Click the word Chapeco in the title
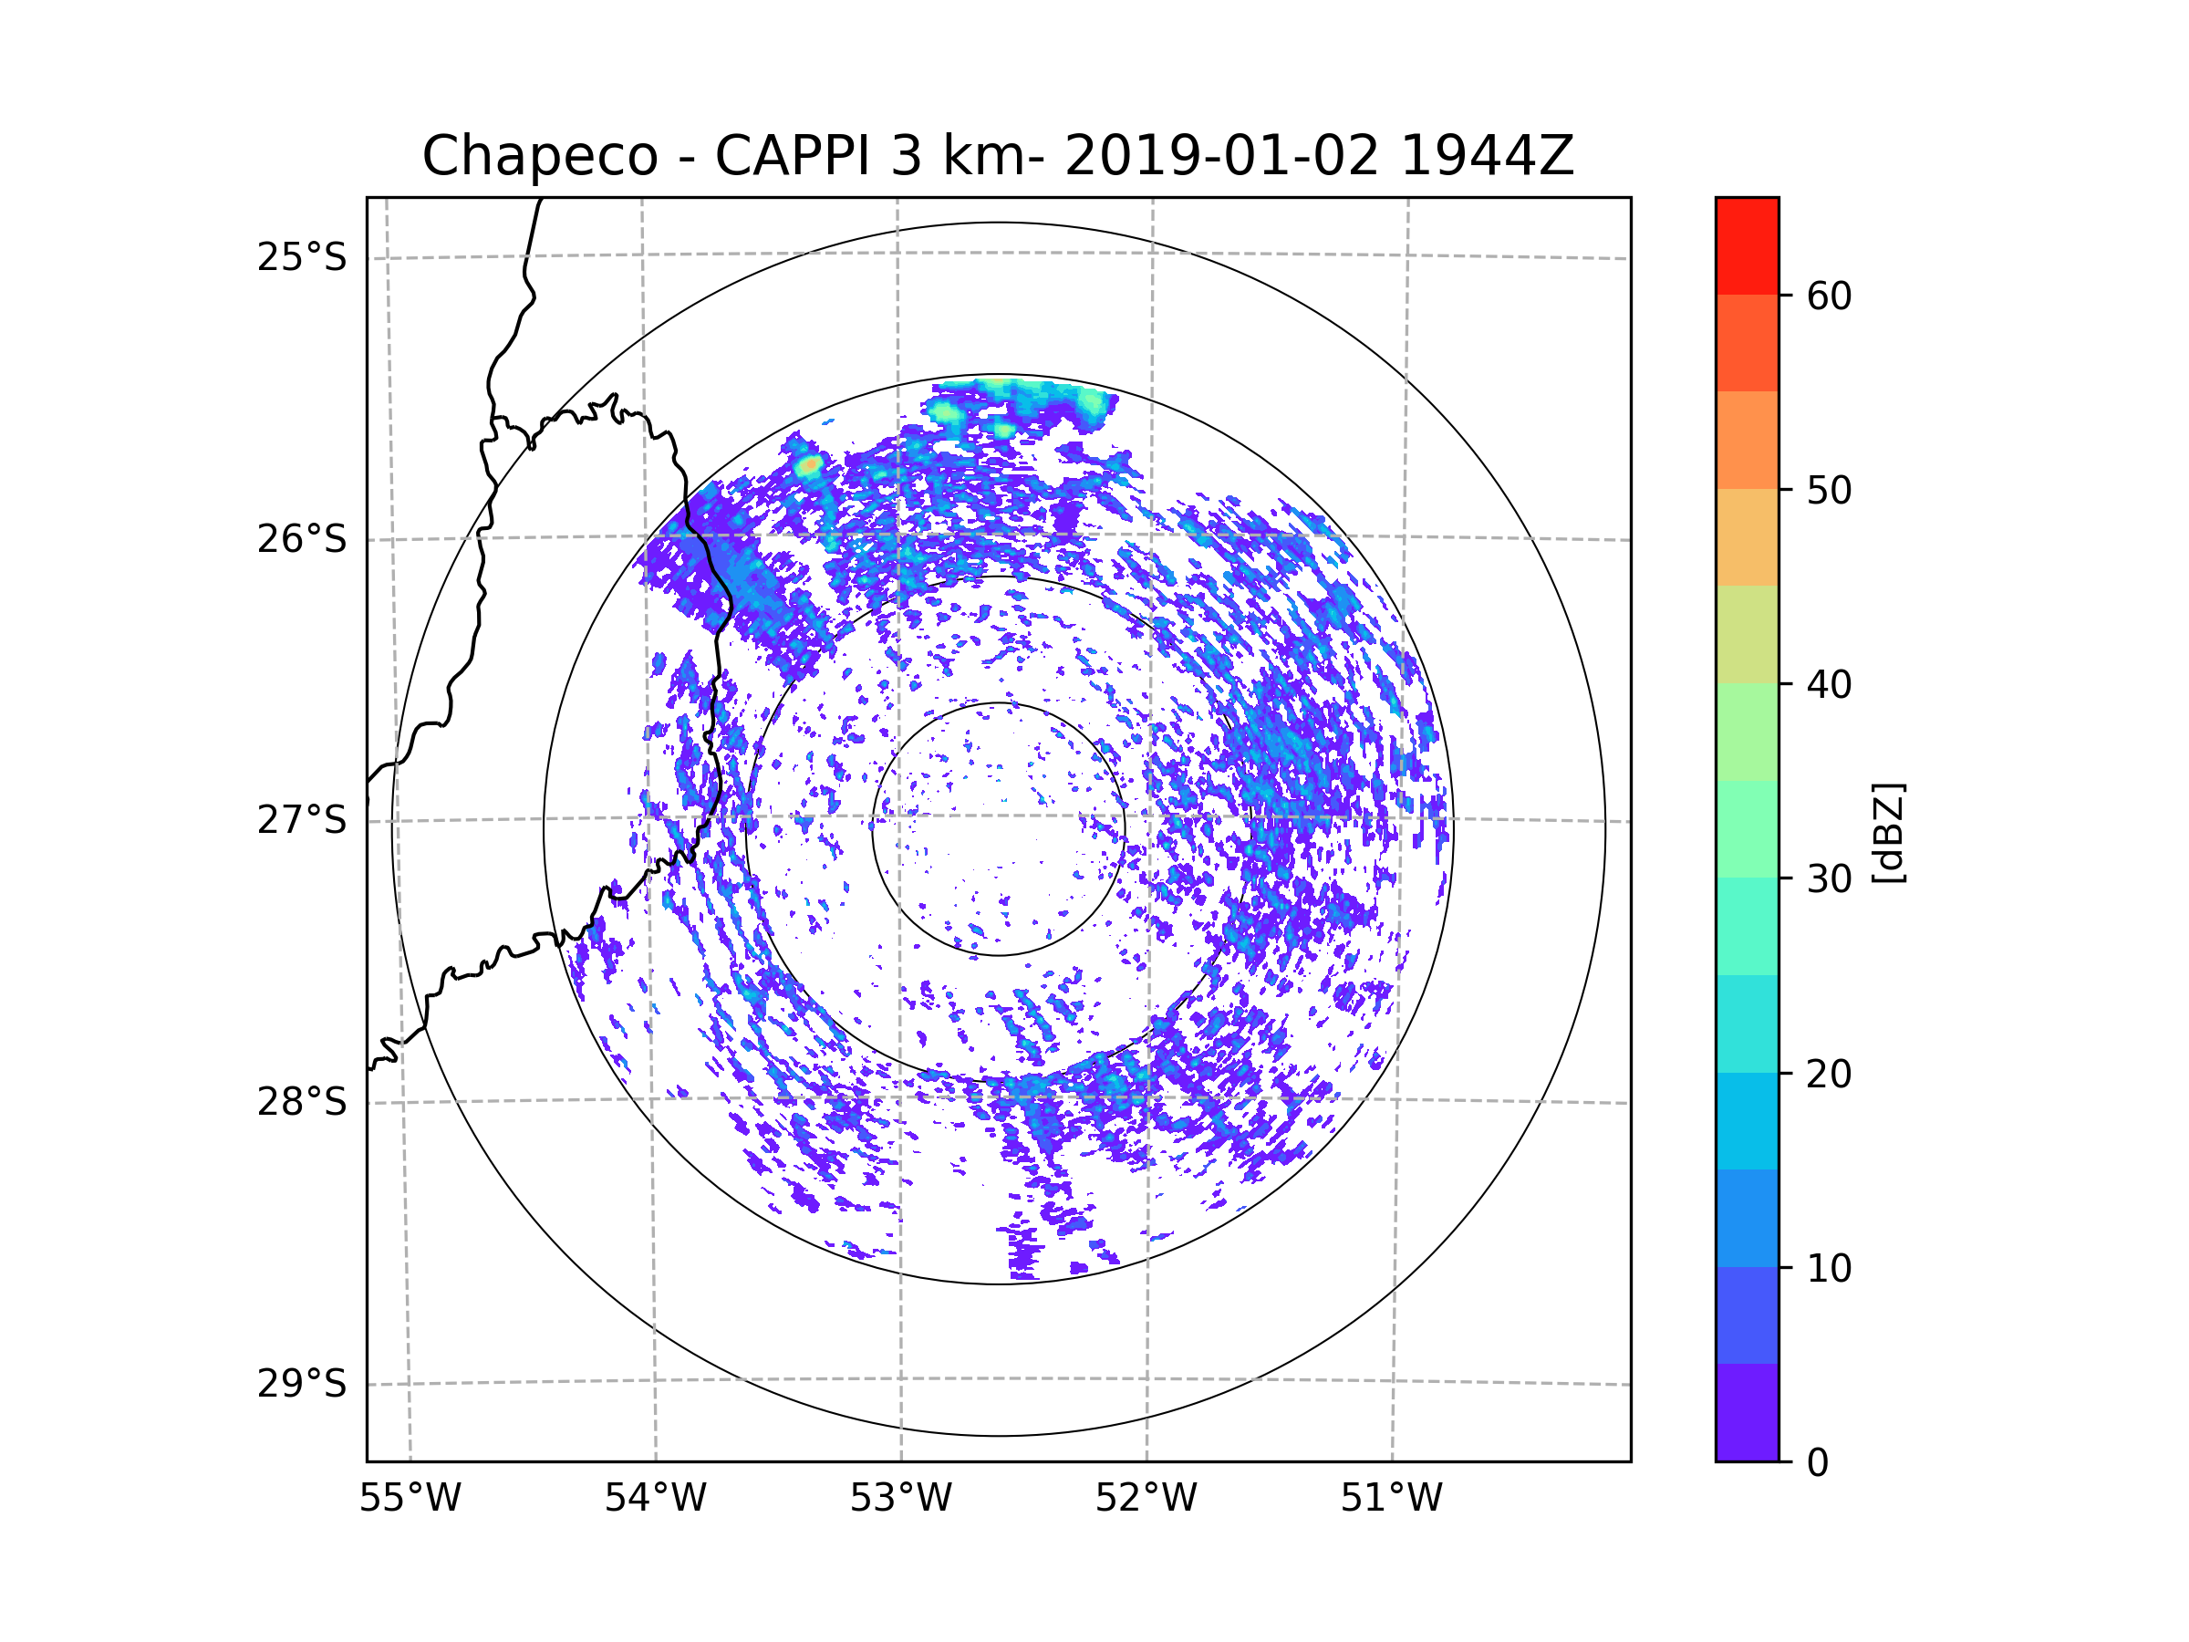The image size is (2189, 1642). pyautogui.click(x=539, y=156)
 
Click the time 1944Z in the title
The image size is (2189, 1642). pyautogui.click(x=1487, y=156)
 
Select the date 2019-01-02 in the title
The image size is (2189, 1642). pyautogui.click(x=1221, y=156)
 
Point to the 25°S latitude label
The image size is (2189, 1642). pyautogui.click(x=302, y=257)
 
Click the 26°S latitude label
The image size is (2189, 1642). pyautogui.click(x=302, y=539)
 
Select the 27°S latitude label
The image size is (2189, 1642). pyautogui.click(x=302, y=820)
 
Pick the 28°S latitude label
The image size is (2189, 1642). pyautogui.click(x=302, y=1102)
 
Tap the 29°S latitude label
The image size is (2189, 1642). pyautogui.click(x=302, y=1384)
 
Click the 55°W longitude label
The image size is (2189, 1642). pyautogui.click(x=410, y=1499)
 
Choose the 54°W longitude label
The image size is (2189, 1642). pyautogui.click(x=655, y=1499)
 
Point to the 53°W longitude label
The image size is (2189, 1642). pyautogui.click(x=900, y=1499)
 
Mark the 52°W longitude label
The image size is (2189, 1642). pyautogui.click(x=1146, y=1499)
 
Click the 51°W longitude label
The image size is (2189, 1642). pyautogui.click(x=1391, y=1499)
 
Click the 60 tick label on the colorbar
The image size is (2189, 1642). pyautogui.click(x=1829, y=296)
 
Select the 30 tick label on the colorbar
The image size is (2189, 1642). pyautogui.click(x=1829, y=878)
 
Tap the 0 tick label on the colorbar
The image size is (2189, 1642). pyautogui.click(x=1818, y=1463)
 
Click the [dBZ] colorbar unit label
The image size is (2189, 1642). pyautogui.click(x=1888, y=832)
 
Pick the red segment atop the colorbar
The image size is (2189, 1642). pyautogui.click(x=1747, y=245)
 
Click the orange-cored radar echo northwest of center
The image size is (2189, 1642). pyautogui.click(x=811, y=464)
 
